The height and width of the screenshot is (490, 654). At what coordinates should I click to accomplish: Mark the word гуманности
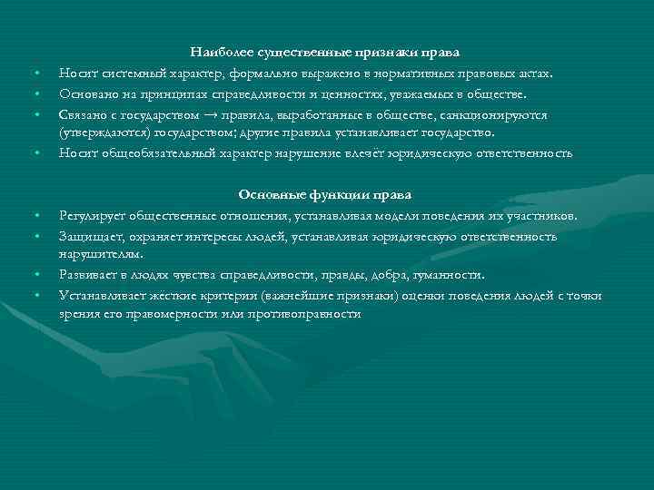pyautogui.click(x=452, y=274)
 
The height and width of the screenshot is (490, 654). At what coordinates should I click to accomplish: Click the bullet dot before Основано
pyautogui.click(x=38, y=94)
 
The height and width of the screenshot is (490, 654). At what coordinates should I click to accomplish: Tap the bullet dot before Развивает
pyautogui.click(x=38, y=275)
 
